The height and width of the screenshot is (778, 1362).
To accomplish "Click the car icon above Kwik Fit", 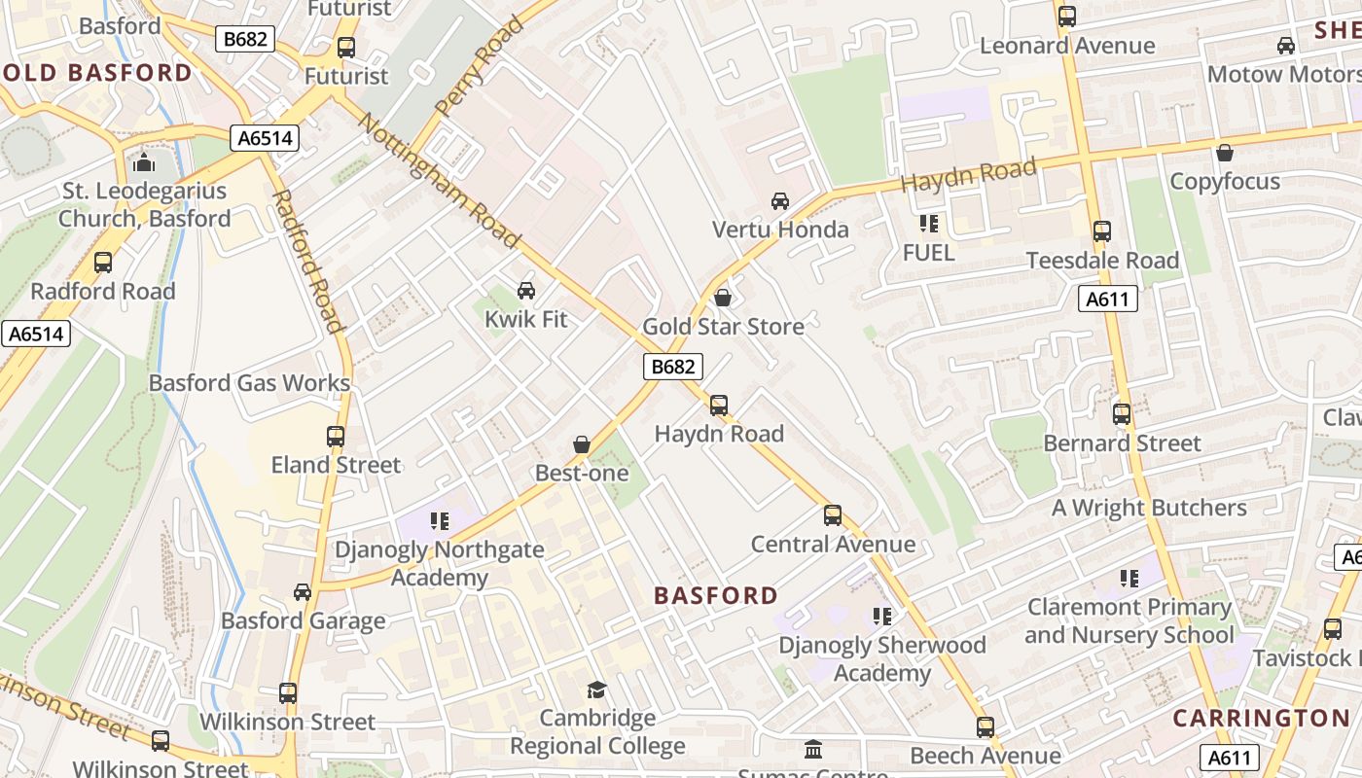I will pyautogui.click(x=526, y=290).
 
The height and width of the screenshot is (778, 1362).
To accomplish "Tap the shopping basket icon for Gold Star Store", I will pyautogui.click(x=723, y=298).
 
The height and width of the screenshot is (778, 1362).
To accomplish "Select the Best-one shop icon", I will pyautogui.click(x=582, y=444).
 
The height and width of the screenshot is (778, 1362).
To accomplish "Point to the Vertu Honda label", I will pyautogui.click(x=780, y=230).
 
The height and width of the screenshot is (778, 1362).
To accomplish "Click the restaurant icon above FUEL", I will pyautogui.click(x=929, y=224).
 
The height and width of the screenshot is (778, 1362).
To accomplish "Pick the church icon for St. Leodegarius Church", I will pyautogui.click(x=145, y=161).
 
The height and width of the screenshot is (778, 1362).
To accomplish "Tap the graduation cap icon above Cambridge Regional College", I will pyautogui.click(x=596, y=690).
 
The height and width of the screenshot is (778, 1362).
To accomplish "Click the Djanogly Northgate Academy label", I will pyautogui.click(x=439, y=563).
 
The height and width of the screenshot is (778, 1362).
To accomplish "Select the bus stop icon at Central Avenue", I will pyautogui.click(x=833, y=515).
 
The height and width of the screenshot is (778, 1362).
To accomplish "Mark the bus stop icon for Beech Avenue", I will pyautogui.click(x=986, y=726).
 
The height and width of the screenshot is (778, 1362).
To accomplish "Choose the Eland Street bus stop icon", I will pyautogui.click(x=336, y=437).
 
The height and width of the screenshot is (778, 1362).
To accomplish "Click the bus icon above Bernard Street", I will pyautogui.click(x=1122, y=414).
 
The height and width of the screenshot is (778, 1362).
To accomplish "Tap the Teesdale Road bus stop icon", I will pyautogui.click(x=1102, y=231).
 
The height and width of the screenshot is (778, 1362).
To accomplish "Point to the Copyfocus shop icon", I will pyautogui.click(x=1225, y=153).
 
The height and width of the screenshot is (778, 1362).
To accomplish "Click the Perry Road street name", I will pyautogui.click(x=479, y=66).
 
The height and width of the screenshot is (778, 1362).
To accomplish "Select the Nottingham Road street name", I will pyautogui.click(x=440, y=181).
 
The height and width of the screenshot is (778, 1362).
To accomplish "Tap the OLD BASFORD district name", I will pyautogui.click(x=97, y=73).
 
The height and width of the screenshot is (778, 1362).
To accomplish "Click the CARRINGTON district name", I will pyautogui.click(x=1261, y=719).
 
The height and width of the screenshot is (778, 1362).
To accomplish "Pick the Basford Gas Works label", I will pyautogui.click(x=249, y=383).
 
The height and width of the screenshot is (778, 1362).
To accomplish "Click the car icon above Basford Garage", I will pyautogui.click(x=303, y=592).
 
